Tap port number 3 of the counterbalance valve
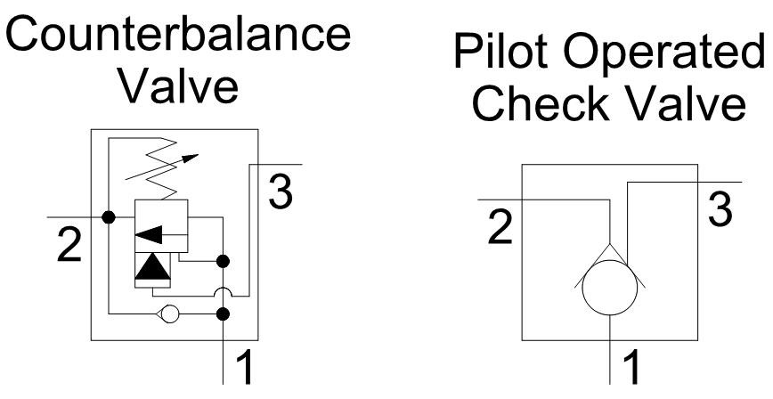(x=281, y=192)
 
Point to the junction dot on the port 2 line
(x=109, y=216)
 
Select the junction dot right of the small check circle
(x=224, y=313)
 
